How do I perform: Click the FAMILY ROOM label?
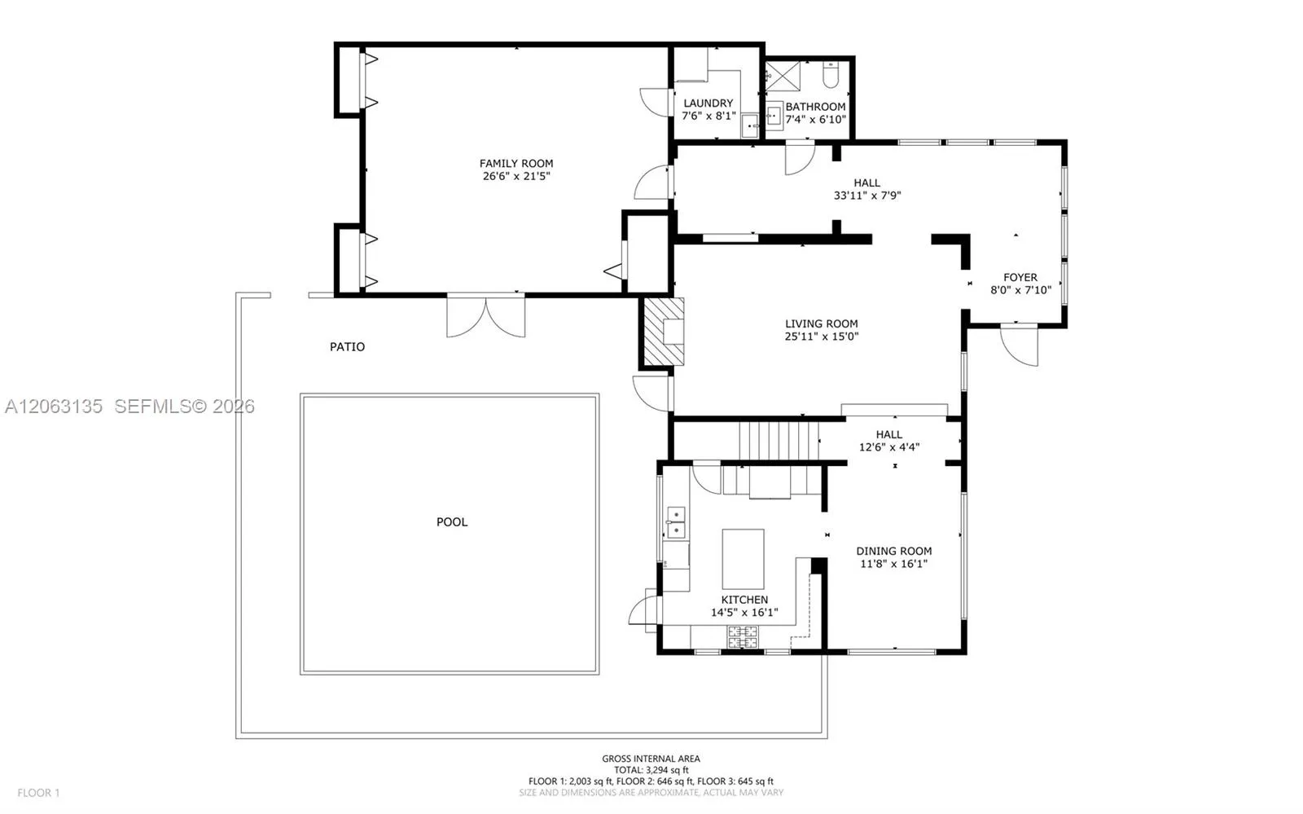[516, 164]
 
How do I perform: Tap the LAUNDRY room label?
[708, 103]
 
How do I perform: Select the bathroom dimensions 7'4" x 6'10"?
[815, 119]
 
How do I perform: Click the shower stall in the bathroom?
[783, 77]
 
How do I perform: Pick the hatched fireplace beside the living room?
[664, 332]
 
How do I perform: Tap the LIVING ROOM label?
[822, 323]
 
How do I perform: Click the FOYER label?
[1020, 278]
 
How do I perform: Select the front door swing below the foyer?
[1019, 346]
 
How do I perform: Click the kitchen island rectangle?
[743, 559]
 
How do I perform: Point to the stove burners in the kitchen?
[743, 636]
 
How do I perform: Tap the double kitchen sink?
[676, 522]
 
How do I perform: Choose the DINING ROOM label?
[893, 551]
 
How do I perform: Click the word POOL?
[452, 522]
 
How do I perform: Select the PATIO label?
[347, 347]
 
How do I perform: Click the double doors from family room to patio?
[485, 316]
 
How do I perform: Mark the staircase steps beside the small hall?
[779, 441]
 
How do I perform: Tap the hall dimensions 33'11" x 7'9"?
[867, 196]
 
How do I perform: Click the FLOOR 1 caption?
[38, 793]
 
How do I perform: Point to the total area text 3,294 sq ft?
[667, 770]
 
